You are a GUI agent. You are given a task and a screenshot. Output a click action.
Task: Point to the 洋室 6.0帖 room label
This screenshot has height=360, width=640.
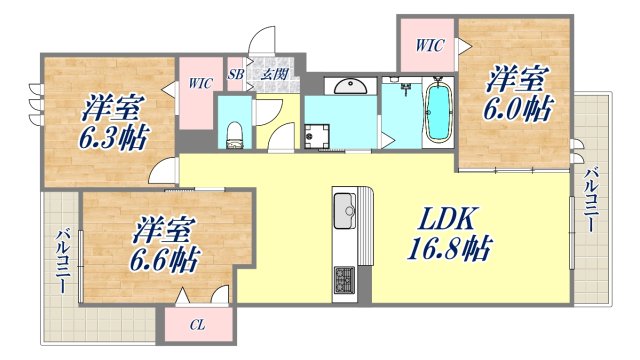click(516, 91)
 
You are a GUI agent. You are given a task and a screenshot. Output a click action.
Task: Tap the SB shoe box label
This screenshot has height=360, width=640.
click(236, 73)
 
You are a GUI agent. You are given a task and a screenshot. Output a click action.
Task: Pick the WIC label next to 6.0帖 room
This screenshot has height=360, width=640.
click(429, 46)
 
